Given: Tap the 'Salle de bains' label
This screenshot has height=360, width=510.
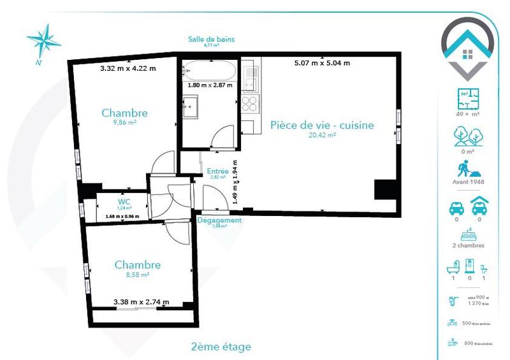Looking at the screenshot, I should coord(211,39).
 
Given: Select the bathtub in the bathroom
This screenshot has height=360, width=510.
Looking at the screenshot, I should coord(207,69).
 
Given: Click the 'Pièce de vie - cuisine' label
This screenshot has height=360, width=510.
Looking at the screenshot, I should coord(321,125).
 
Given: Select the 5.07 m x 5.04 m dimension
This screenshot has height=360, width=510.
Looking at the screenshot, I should coord(322,63).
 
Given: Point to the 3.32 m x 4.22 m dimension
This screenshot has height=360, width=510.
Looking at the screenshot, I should coord(128,68).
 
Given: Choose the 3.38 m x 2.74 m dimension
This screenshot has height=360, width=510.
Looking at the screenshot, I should coord(141,302).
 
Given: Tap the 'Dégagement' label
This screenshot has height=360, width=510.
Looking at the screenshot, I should coord(219,220).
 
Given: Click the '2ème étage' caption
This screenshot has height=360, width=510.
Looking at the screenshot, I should coord(221,347).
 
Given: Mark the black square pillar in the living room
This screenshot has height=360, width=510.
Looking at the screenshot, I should coord(384,190).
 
